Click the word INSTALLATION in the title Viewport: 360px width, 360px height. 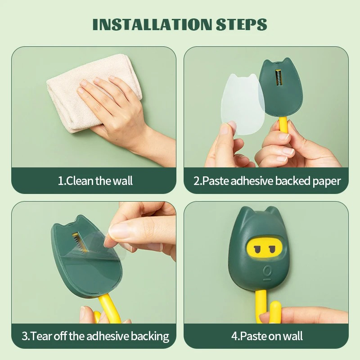point(152,24)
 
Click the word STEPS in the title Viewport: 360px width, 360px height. point(241,24)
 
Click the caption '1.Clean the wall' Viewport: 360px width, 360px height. point(95,181)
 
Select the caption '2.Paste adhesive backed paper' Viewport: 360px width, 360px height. point(267,181)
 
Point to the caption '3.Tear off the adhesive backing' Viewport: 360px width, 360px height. point(95,336)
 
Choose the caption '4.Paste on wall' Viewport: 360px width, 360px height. point(267,336)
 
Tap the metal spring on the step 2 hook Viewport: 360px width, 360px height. point(278,77)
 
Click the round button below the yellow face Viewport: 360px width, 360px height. point(266,271)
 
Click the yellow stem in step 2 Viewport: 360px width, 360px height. point(283,125)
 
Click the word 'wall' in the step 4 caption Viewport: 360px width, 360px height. point(293,336)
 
